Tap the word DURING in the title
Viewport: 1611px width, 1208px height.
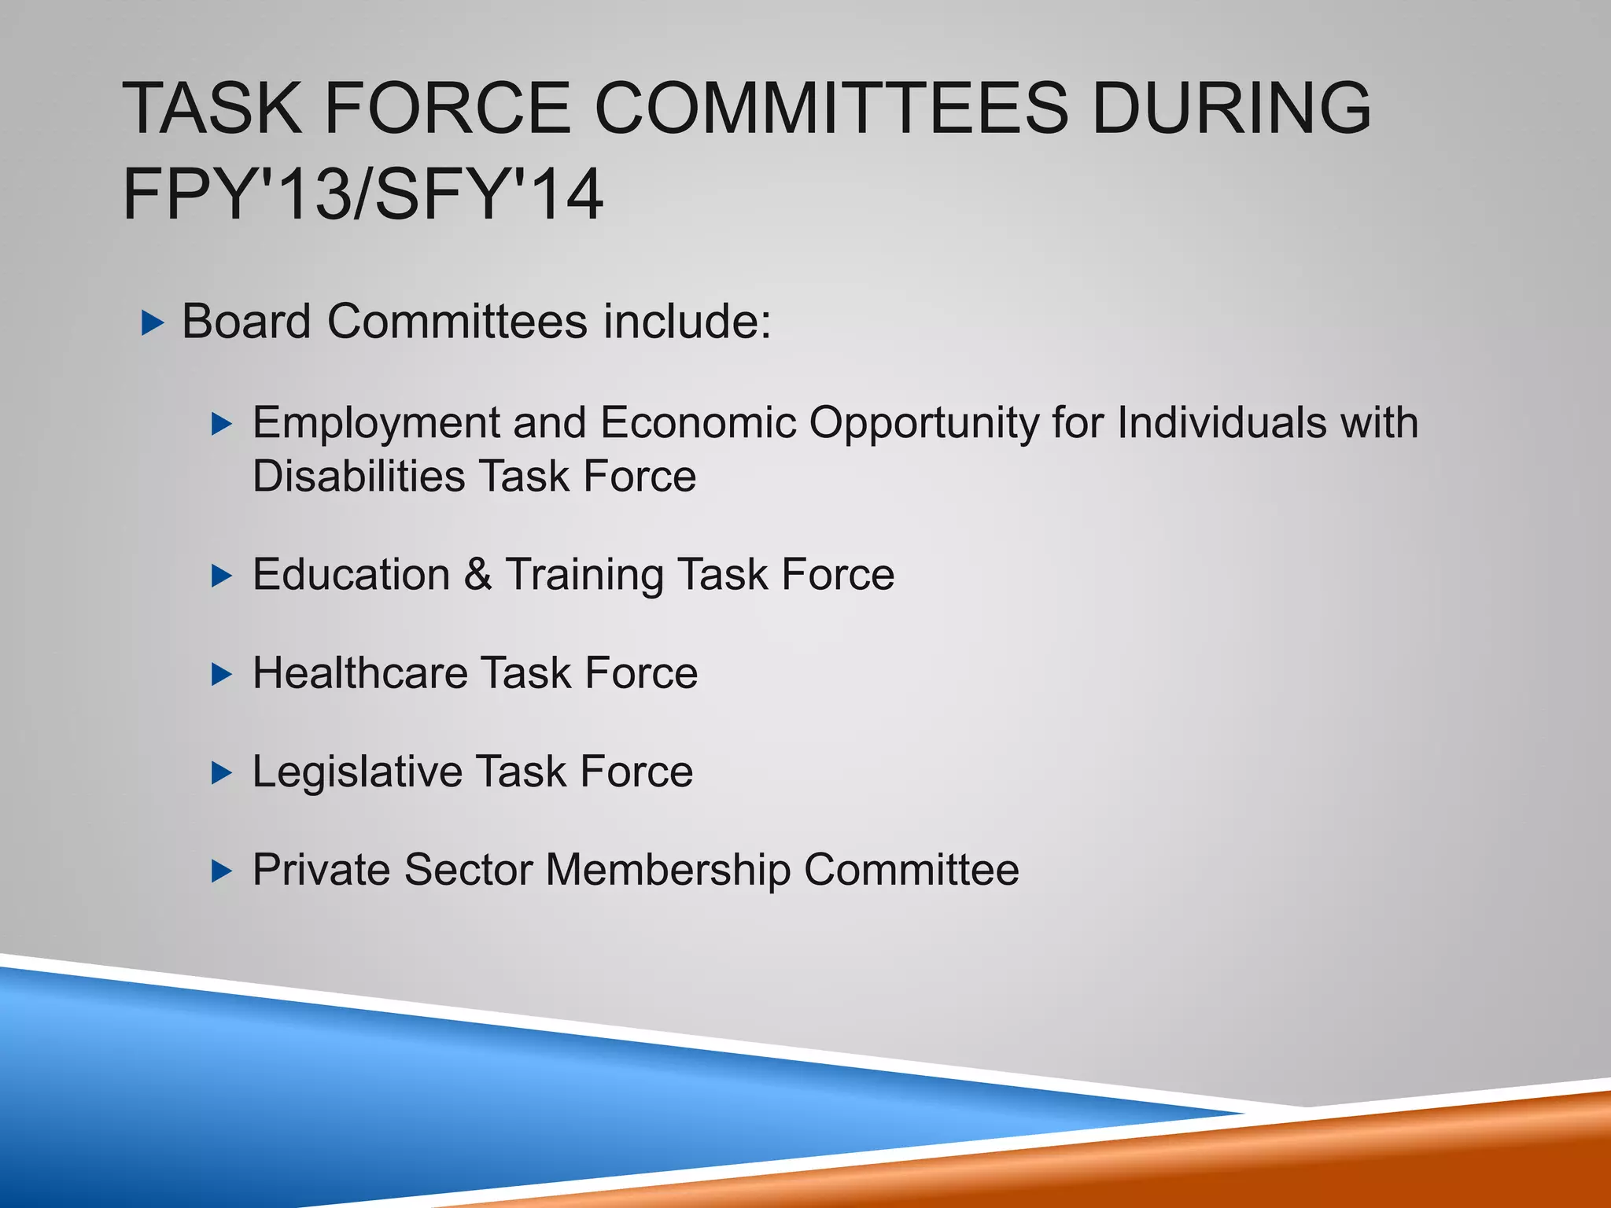(1232, 108)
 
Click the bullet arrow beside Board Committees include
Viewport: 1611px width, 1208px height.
(153, 323)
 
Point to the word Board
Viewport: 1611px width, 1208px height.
(247, 322)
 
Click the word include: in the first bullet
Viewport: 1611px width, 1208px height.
(688, 322)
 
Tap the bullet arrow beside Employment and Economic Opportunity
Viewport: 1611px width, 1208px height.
(223, 425)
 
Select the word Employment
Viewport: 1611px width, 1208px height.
(376, 423)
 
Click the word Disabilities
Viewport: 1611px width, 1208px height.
(359, 477)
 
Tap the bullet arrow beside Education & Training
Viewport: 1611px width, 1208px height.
(223, 576)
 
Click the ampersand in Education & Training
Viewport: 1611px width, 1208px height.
(477, 575)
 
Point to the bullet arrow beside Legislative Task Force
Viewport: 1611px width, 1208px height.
(223, 773)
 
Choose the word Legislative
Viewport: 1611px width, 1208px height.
(357, 772)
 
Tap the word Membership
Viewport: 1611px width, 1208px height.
(668, 870)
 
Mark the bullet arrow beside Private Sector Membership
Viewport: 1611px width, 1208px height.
(223, 871)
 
